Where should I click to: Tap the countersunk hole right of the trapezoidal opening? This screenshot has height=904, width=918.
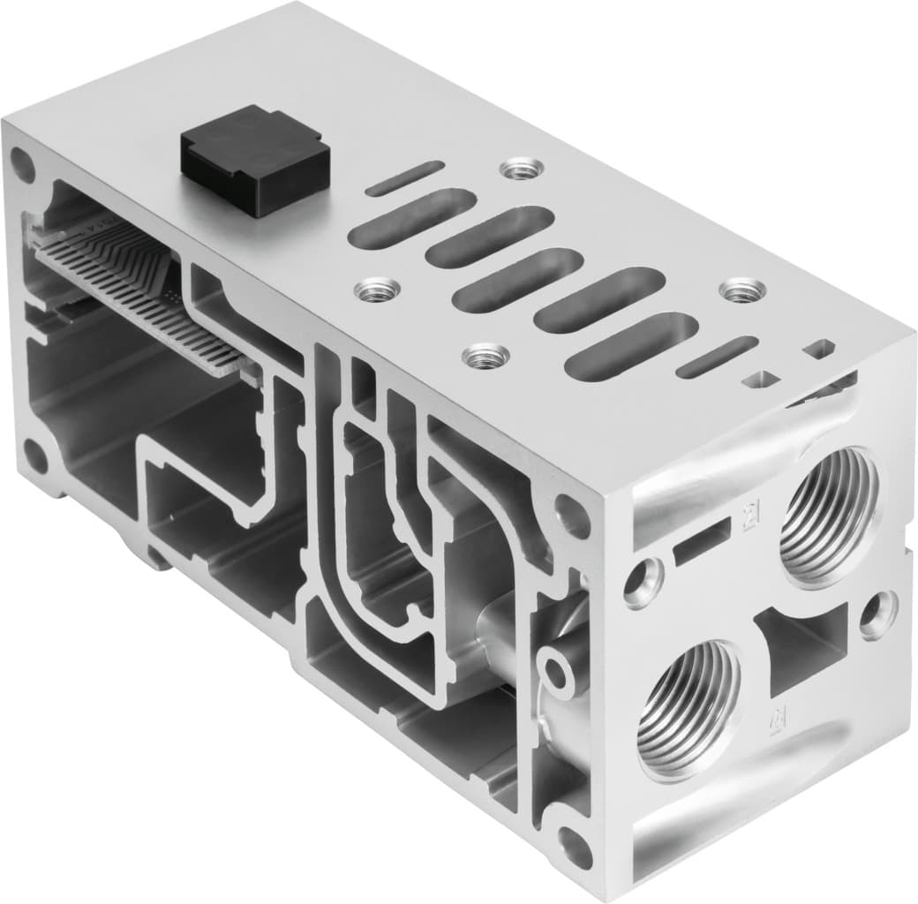coord(879,614)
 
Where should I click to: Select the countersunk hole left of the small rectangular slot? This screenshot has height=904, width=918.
coord(643,582)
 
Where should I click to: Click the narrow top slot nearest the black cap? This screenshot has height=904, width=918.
coord(404,178)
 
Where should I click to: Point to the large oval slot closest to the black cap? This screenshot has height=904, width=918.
coord(406,218)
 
